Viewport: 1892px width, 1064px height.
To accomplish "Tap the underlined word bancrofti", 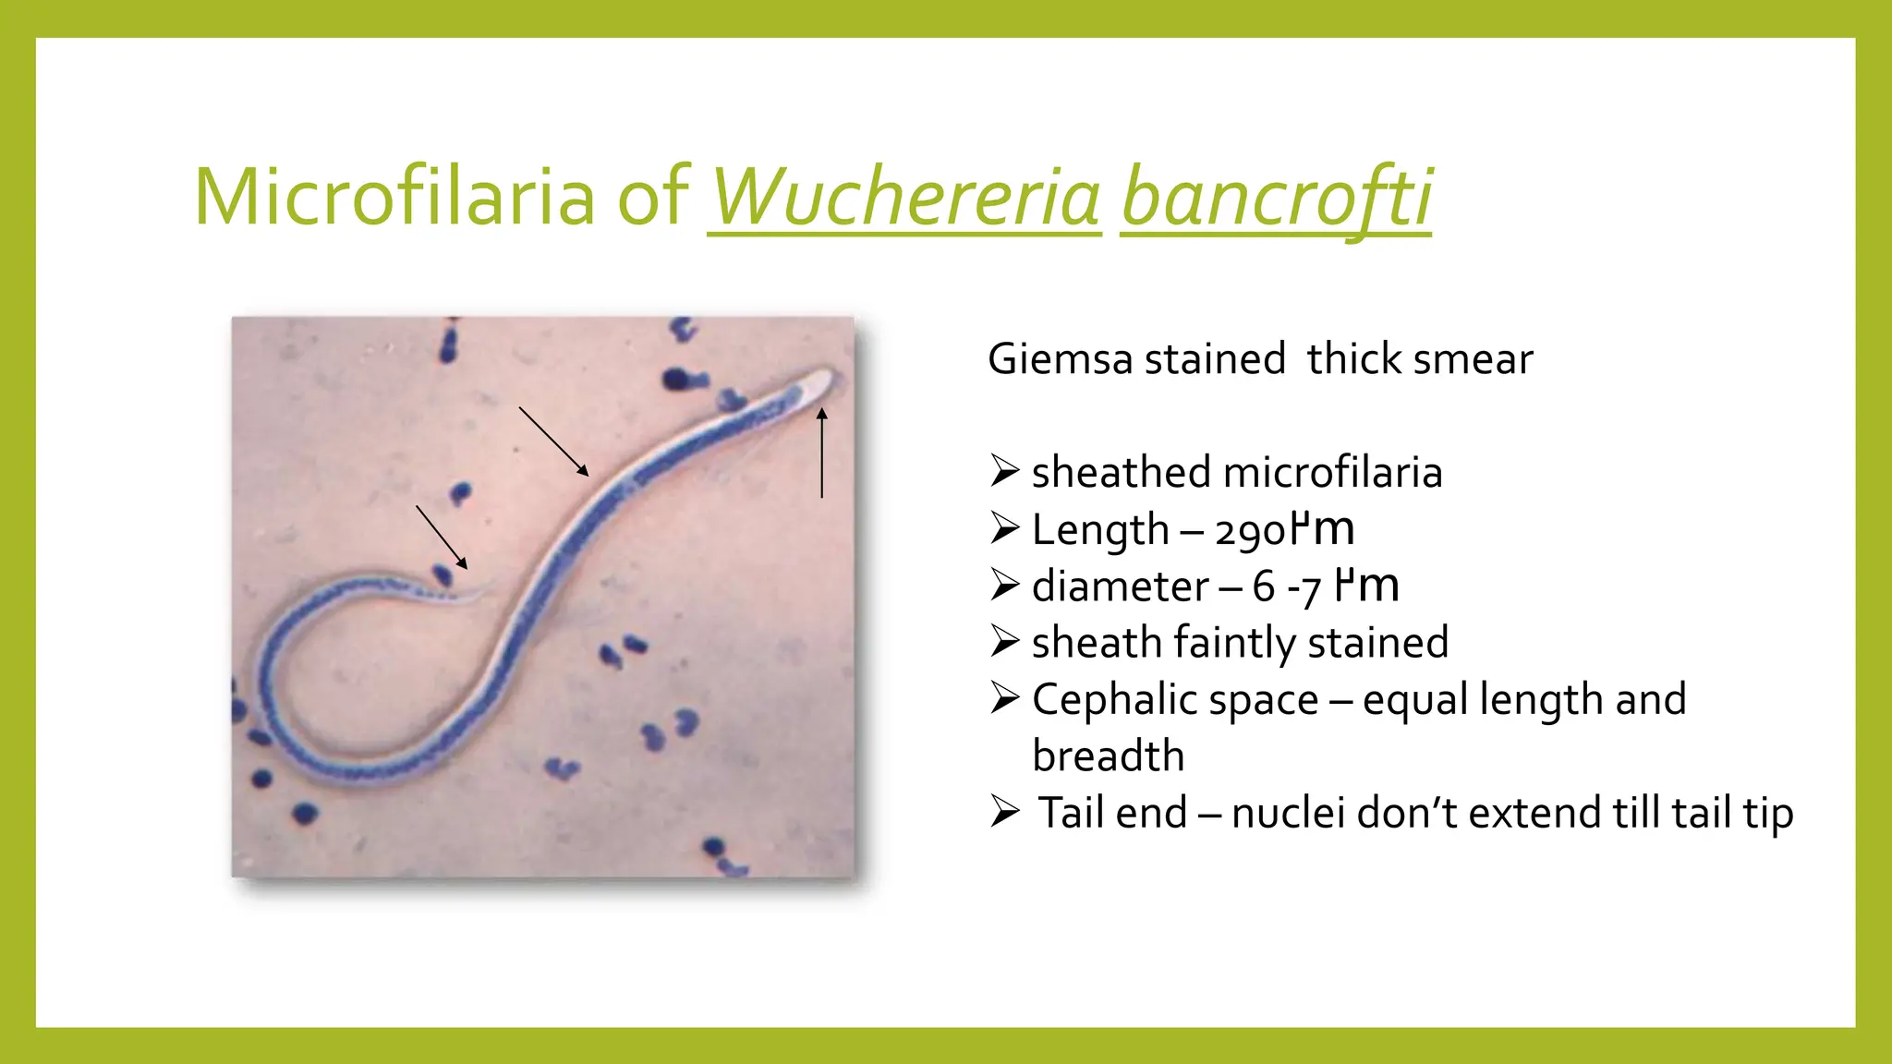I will tap(1276, 198).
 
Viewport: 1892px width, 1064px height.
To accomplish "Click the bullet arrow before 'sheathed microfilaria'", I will tap(1004, 471).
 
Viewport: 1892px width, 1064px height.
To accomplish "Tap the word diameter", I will tap(1120, 586).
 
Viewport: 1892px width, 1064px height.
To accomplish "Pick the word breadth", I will tap(1108, 756).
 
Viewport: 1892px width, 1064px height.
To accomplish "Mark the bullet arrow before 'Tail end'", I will tap(1004, 812).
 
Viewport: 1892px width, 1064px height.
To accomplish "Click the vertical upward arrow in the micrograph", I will tap(821, 453).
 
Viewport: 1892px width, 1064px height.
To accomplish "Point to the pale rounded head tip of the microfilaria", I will tap(821, 380).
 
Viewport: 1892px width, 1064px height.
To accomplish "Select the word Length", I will tap(1100, 530).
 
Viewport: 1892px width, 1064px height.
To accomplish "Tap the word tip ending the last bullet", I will tap(1768, 814).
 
